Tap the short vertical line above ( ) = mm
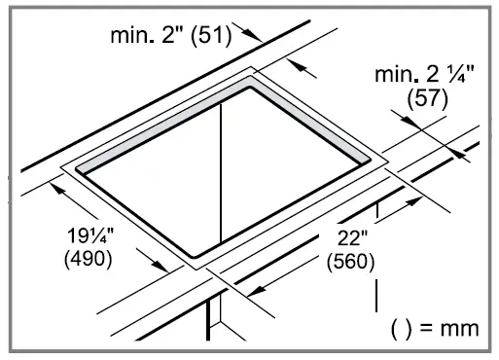[376, 296]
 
